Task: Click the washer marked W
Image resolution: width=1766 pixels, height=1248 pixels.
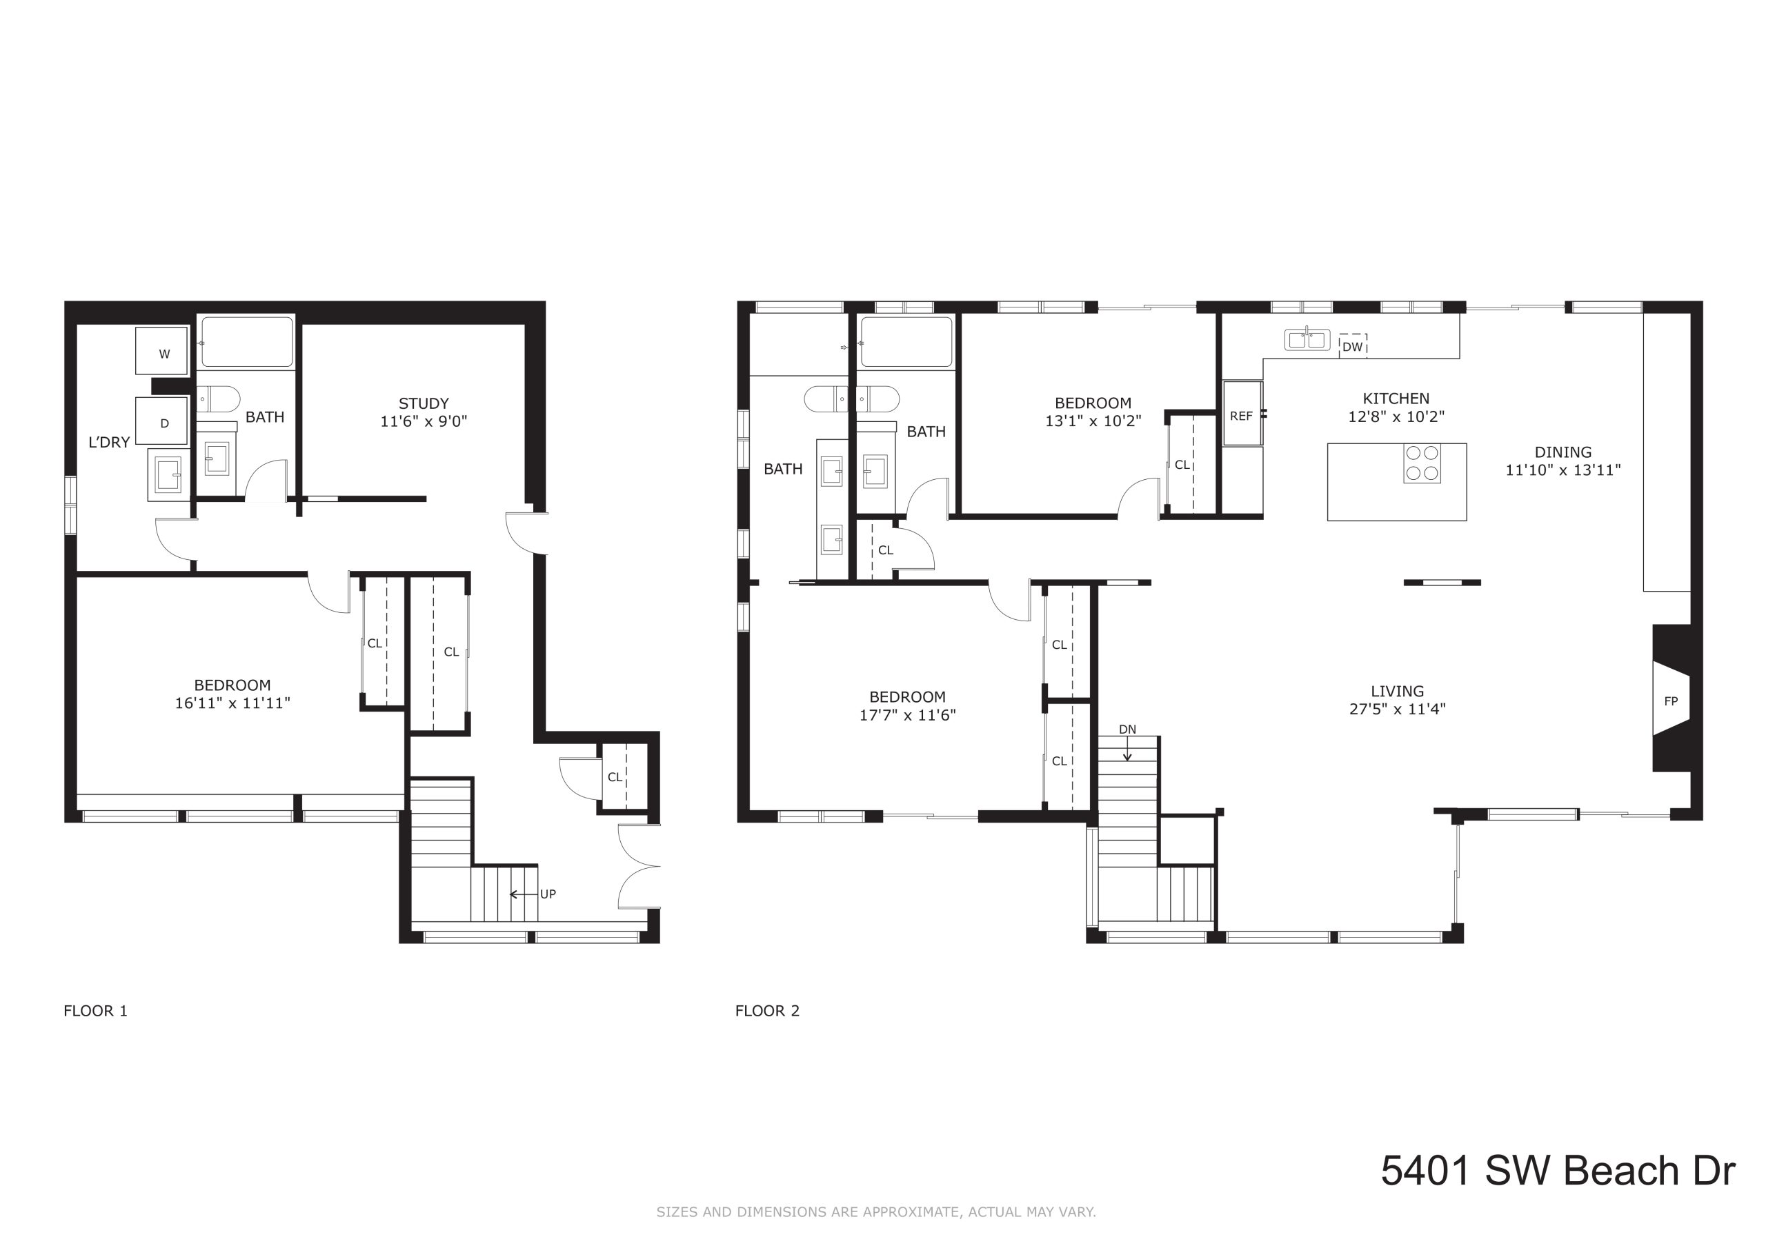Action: pos(162,352)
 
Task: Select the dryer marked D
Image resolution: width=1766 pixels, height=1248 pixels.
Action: pos(162,421)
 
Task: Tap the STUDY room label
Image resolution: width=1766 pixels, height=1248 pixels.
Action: pos(424,403)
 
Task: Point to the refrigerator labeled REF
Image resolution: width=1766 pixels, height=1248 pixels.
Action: pos(1243,414)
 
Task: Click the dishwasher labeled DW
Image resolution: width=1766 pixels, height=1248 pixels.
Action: pos(1352,347)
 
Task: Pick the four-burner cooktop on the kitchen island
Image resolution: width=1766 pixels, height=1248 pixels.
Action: pos(1422,463)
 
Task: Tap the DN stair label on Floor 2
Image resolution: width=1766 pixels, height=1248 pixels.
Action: pos(1128,729)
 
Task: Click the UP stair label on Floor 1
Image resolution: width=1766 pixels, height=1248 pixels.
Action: pos(548,894)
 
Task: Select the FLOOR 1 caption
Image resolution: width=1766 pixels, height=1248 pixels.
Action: pos(95,1010)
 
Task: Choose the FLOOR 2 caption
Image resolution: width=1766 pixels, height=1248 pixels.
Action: pos(768,1010)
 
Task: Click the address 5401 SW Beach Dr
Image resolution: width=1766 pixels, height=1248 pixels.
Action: pos(1558,1170)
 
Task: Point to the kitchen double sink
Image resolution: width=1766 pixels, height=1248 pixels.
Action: pos(1307,339)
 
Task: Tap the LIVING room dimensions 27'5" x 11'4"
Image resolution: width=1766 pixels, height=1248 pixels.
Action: pos(1398,709)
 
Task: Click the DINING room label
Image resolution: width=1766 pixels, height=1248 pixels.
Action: pos(1563,452)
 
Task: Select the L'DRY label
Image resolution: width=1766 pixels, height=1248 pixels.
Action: pos(109,442)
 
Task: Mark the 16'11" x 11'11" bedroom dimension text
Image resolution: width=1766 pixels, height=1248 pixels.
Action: pos(232,703)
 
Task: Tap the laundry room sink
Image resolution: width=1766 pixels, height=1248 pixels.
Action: pos(168,474)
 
